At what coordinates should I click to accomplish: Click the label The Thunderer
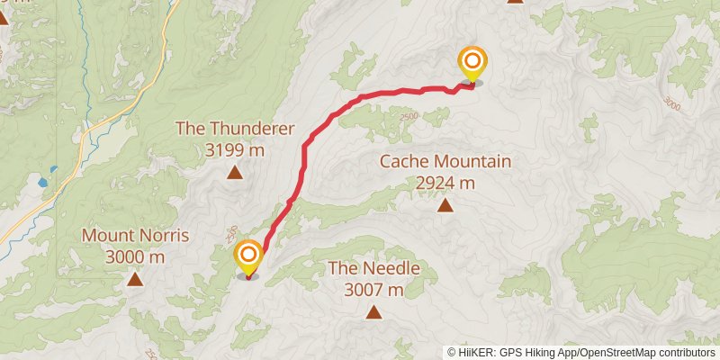pos(235,128)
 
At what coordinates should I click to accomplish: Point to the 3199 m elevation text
pos(235,149)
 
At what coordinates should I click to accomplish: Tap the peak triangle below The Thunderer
pos(234,173)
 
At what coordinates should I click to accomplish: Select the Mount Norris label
pos(135,236)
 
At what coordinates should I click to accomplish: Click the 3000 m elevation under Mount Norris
pos(135,257)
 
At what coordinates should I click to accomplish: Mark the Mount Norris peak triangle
pos(134,280)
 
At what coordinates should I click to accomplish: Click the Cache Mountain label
pos(445,162)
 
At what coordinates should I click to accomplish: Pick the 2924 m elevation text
pos(445,184)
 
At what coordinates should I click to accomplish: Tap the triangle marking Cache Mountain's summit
pos(445,206)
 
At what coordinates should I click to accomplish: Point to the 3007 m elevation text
pos(373,289)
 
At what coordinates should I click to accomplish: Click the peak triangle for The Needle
pos(373,312)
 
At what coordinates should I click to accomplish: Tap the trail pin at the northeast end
pos(472,64)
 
